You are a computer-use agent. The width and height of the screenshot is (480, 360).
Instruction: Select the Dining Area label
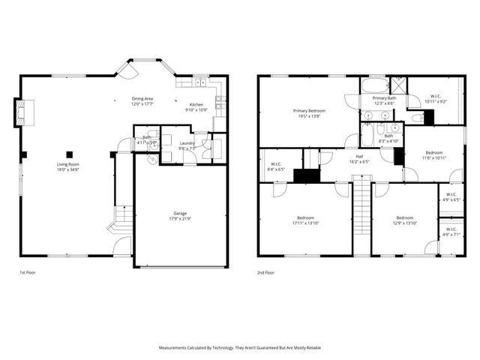click(x=142, y=99)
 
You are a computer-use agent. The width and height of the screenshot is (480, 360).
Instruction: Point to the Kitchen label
click(x=196, y=105)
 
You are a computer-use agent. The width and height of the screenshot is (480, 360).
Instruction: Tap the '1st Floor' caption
click(x=27, y=273)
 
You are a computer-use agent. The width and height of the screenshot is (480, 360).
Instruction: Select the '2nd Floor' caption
click(x=265, y=273)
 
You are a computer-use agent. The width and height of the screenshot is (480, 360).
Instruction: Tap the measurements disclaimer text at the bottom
click(x=239, y=348)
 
